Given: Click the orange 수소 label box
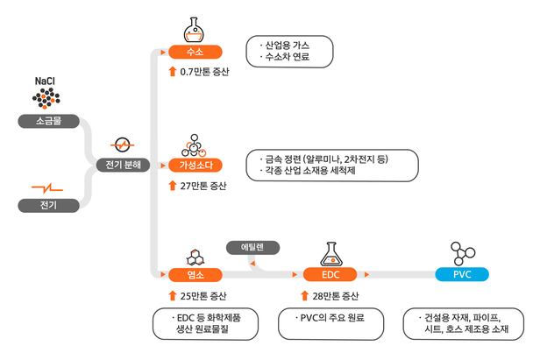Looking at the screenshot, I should coord(195,53).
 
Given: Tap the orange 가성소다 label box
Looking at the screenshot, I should coord(195,164).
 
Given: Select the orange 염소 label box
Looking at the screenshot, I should coord(195,275).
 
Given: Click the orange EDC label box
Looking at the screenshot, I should coord(330,275).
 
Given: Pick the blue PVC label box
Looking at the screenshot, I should coord(462,275).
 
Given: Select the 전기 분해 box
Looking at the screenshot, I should coord(124,164).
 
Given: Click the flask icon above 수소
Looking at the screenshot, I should coord(195,30).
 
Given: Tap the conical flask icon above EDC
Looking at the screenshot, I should coord(331,251).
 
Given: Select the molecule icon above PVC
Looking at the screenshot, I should coord(462,252).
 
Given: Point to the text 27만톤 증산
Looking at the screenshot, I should coord(202,185).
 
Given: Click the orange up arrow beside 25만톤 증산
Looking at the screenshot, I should coord(172,295).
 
